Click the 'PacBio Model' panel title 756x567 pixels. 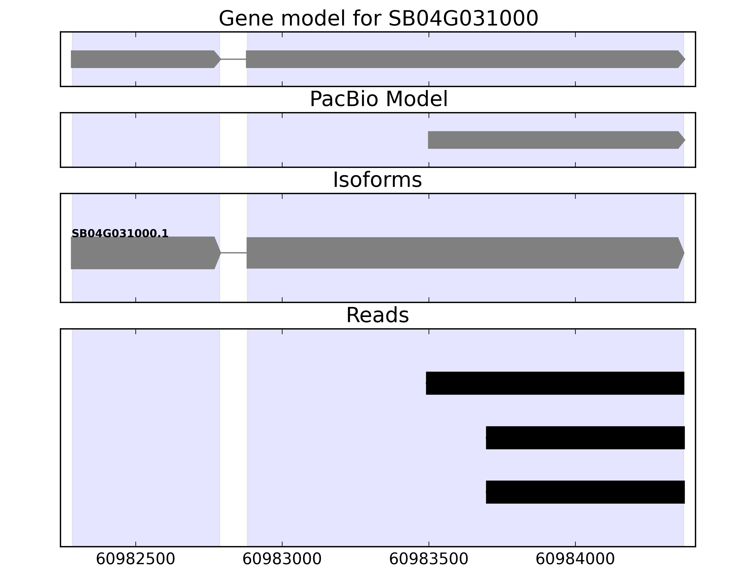point(378,99)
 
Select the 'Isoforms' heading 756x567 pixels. point(377,180)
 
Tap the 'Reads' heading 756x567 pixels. point(377,315)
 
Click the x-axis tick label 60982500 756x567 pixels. point(136,559)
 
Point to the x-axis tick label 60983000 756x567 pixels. point(282,559)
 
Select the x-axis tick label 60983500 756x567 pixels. point(429,559)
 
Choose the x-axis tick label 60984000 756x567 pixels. point(575,559)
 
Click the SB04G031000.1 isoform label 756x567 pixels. point(120,234)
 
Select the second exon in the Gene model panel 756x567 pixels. point(465,59)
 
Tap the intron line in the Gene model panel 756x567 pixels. point(233,59)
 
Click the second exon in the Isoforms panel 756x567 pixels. point(465,253)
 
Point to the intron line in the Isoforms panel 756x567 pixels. point(234,253)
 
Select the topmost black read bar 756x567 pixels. point(555,383)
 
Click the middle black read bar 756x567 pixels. point(585,438)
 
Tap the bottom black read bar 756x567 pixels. point(585,492)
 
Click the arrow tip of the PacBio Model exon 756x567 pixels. point(685,140)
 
